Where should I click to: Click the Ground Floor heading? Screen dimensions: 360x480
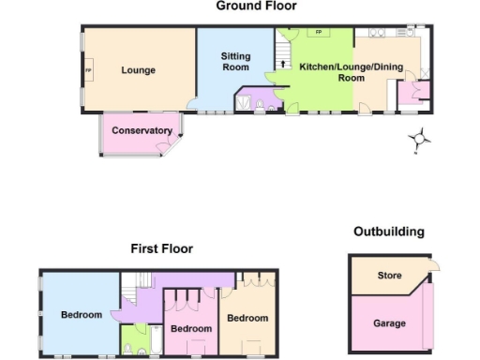pos(256,7)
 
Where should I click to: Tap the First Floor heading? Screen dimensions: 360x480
pos(161,249)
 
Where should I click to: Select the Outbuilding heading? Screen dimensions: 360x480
pos(388,232)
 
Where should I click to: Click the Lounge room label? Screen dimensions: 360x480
pos(138,70)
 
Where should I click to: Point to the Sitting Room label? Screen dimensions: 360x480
pos(235,63)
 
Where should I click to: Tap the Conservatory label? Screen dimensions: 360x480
pos(142,130)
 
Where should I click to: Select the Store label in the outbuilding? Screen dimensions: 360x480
pos(389,276)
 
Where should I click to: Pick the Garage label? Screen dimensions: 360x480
pos(389,323)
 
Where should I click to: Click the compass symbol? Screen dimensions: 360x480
pos(421,140)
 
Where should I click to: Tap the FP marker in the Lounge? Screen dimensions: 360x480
pos(89,70)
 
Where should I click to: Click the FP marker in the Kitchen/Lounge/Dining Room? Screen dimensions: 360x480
pos(319,33)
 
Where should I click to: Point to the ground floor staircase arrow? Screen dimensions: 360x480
pos(280,64)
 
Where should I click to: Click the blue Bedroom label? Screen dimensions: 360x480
pos(82,315)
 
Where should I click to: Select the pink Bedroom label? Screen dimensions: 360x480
pos(190,329)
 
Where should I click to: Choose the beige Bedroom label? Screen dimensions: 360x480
pos(247,318)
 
